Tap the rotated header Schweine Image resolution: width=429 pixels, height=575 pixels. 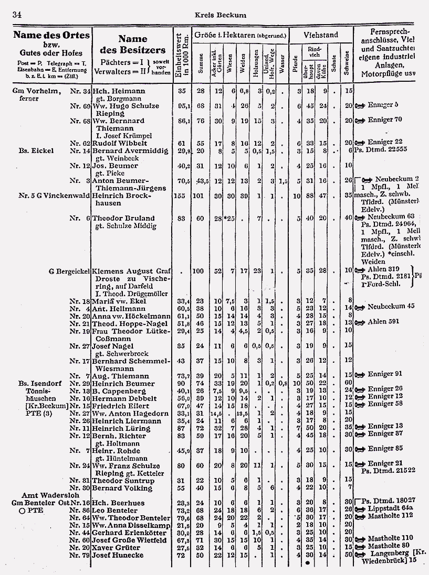pos(347,61)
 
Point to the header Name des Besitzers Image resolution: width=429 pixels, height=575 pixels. pos(132,45)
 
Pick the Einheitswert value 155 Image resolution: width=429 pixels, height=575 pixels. pos(181,196)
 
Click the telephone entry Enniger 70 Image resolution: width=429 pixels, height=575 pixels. pos(384,120)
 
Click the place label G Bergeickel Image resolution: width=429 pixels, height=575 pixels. pos(69,272)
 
